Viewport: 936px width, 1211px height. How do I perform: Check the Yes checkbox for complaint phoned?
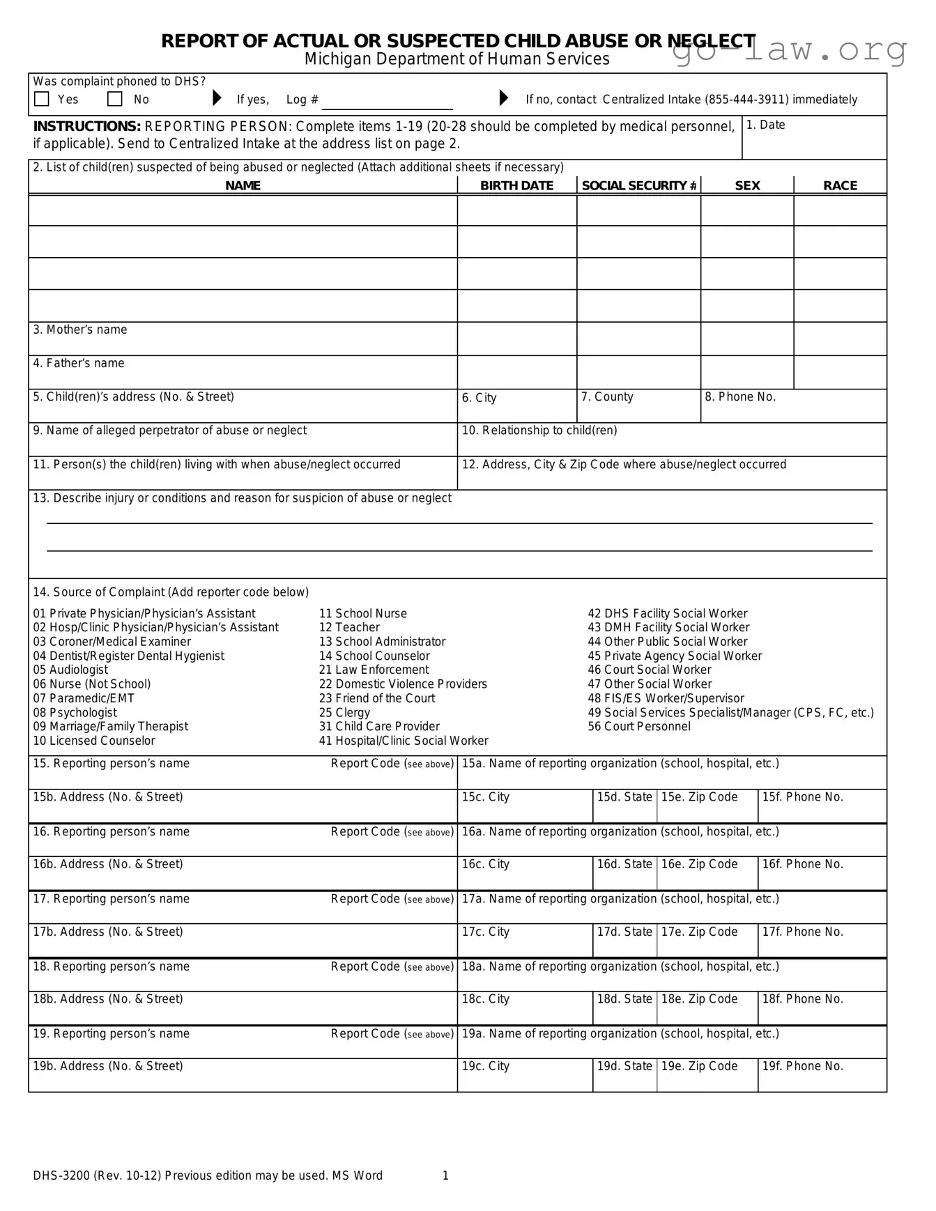point(42,99)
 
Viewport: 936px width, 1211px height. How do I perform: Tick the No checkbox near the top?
point(115,99)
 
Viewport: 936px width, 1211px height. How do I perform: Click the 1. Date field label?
point(765,125)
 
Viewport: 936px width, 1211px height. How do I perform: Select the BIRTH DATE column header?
point(516,185)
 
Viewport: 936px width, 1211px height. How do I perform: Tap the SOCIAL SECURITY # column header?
point(638,185)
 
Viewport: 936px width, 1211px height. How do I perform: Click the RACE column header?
point(840,185)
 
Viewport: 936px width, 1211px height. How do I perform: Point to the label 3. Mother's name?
point(80,330)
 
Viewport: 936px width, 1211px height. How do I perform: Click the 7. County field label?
point(607,396)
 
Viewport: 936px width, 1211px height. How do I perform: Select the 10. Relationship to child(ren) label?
point(539,431)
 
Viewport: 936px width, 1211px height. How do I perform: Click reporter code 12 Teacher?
point(349,627)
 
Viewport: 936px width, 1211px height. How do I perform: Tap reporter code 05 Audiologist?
point(70,670)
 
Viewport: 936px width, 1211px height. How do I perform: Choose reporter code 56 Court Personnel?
point(639,726)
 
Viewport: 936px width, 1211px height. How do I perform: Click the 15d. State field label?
point(624,797)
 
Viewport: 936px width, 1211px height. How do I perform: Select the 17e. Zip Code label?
point(699,932)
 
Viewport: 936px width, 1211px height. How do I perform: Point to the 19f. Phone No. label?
point(802,1066)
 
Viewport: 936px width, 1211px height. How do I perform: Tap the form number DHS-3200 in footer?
point(61,1175)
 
